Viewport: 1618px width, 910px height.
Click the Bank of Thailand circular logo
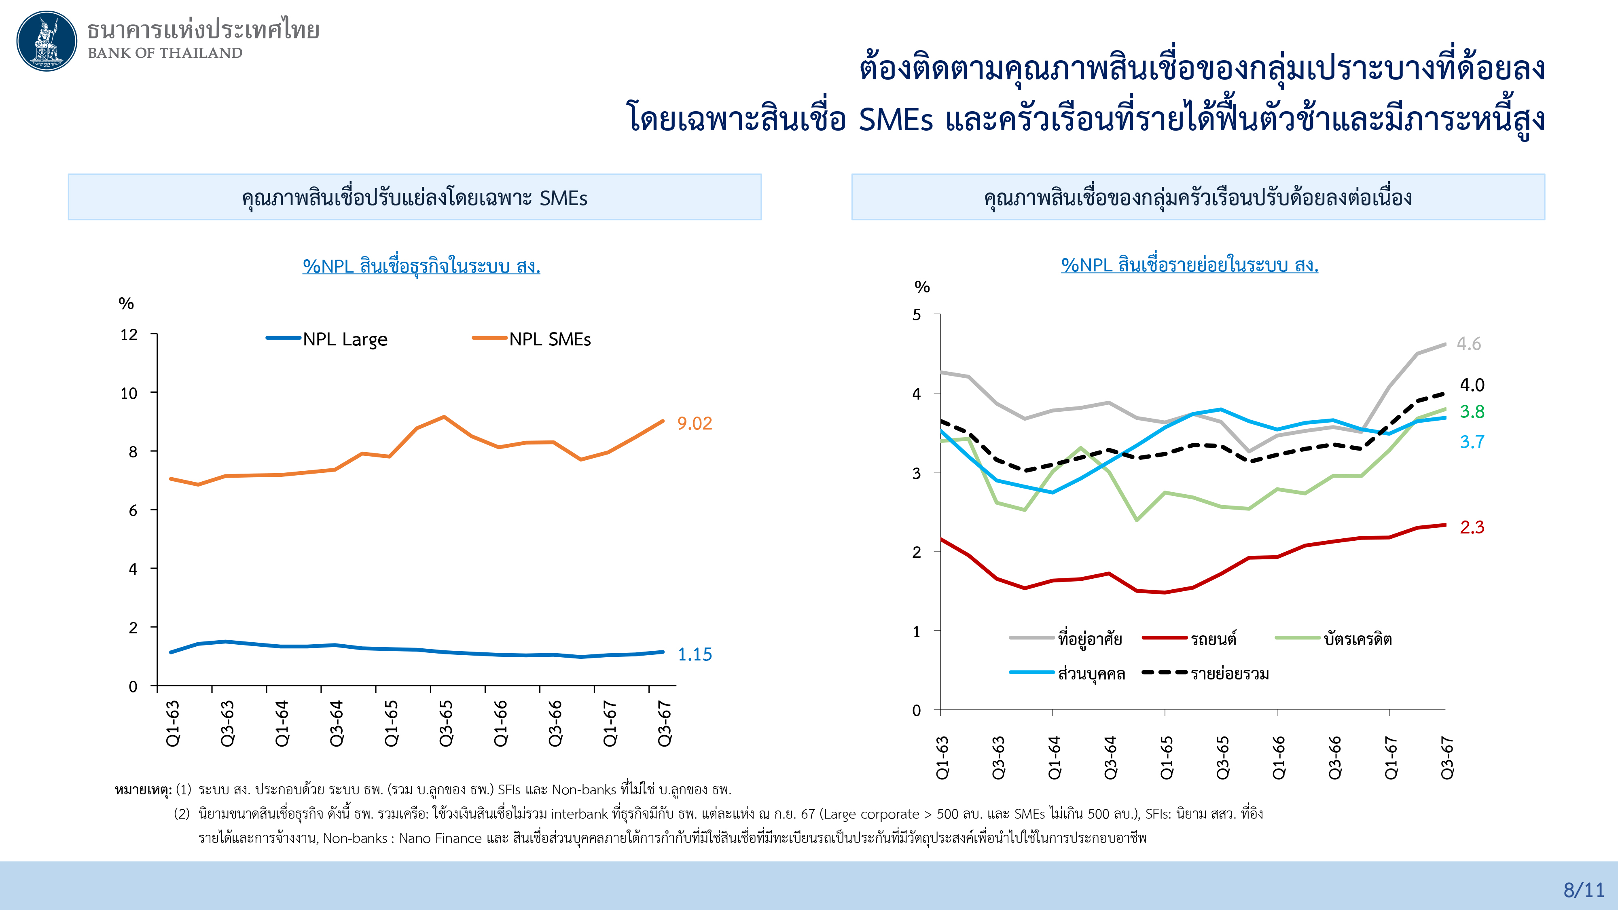click(47, 41)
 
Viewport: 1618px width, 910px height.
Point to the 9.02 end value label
click(694, 423)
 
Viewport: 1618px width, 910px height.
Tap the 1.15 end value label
click(694, 654)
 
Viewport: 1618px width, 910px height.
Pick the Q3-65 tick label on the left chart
click(446, 724)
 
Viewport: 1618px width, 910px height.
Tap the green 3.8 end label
click(1472, 411)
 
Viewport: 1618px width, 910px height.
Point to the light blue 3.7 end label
click(1472, 442)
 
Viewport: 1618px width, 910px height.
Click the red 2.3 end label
click(1472, 527)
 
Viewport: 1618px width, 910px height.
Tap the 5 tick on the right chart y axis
click(917, 315)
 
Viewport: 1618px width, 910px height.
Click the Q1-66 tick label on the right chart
click(1279, 758)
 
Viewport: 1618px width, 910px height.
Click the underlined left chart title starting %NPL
click(421, 266)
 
